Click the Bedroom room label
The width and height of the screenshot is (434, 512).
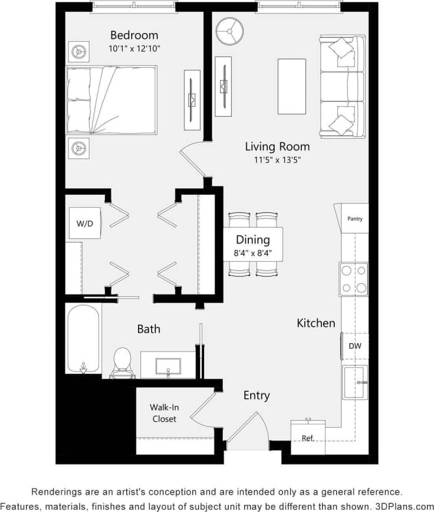pyautogui.click(x=134, y=35)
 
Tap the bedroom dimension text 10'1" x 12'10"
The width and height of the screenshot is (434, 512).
pyautogui.click(x=134, y=48)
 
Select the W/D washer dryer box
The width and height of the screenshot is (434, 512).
pyautogui.click(x=85, y=224)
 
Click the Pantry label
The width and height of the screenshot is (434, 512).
pyautogui.click(x=355, y=219)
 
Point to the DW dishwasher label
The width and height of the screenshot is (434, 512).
pyautogui.click(x=355, y=346)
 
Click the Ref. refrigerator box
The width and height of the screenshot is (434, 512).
pyautogui.click(x=308, y=438)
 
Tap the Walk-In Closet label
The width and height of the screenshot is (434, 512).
pyautogui.click(x=164, y=413)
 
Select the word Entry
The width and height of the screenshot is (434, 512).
pyautogui.click(x=257, y=395)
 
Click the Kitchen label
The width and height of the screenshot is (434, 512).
pyautogui.click(x=316, y=323)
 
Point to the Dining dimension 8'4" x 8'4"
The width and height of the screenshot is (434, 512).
pyautogui.click(x=253, y=254)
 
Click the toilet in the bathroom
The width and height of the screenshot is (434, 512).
pyautogui.click(x=122, y=361)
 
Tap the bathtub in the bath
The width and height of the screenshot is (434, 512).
pyautogui.click(x=84, y=338)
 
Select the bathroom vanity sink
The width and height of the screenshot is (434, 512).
pyautogui.click(x=168, y=365)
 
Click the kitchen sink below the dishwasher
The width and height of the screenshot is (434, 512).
pyautogui.click(x=356, y=382)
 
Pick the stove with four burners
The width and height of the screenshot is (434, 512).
pyautogui.click(x=353, y=280)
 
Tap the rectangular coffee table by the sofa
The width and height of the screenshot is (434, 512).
pyautogui.click(x=292, y=86)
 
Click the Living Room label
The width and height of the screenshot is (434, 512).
pyautogui.click(x=277, y=146)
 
